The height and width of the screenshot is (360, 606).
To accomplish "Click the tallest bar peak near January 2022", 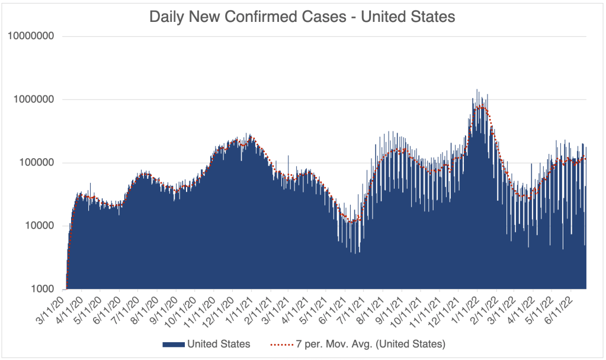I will click(477, 91).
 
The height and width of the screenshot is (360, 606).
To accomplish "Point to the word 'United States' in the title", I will click(408, 17).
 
